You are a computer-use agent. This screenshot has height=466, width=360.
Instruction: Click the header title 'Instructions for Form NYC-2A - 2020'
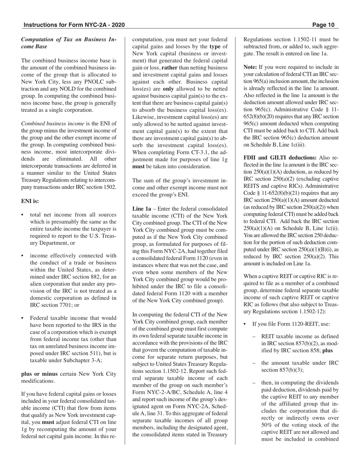74,25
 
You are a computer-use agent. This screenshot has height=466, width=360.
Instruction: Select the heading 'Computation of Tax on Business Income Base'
69,43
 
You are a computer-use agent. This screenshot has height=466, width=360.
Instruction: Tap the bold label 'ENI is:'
30,201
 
